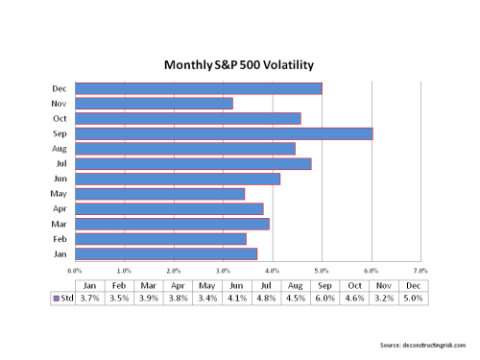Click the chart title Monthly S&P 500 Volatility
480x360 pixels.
click(x=241, y=64)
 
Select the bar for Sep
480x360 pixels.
click(x=224, y=133)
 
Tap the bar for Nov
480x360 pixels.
click(x=154, y=103)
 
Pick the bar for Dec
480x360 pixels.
click(x=199, y=88)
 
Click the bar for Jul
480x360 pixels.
click(x=193, y=163)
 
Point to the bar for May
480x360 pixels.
click(x=159, y=194)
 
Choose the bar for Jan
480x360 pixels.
click(x=166, y=253)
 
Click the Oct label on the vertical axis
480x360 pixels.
click(x=60, y=118)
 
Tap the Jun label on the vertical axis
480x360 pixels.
click(x=60, y=179)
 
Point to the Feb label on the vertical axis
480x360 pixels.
click(x=60, y=238)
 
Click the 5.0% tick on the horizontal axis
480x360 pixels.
click(x=322, y=271)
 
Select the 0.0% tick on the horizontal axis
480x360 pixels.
click(x=75, y=271)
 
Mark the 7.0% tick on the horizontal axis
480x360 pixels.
click(x=420, y=271)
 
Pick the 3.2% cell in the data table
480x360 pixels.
click(x=382, y=299)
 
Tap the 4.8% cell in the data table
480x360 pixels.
click(x=266, y=299)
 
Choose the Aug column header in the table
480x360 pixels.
click(x=295, y=285)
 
